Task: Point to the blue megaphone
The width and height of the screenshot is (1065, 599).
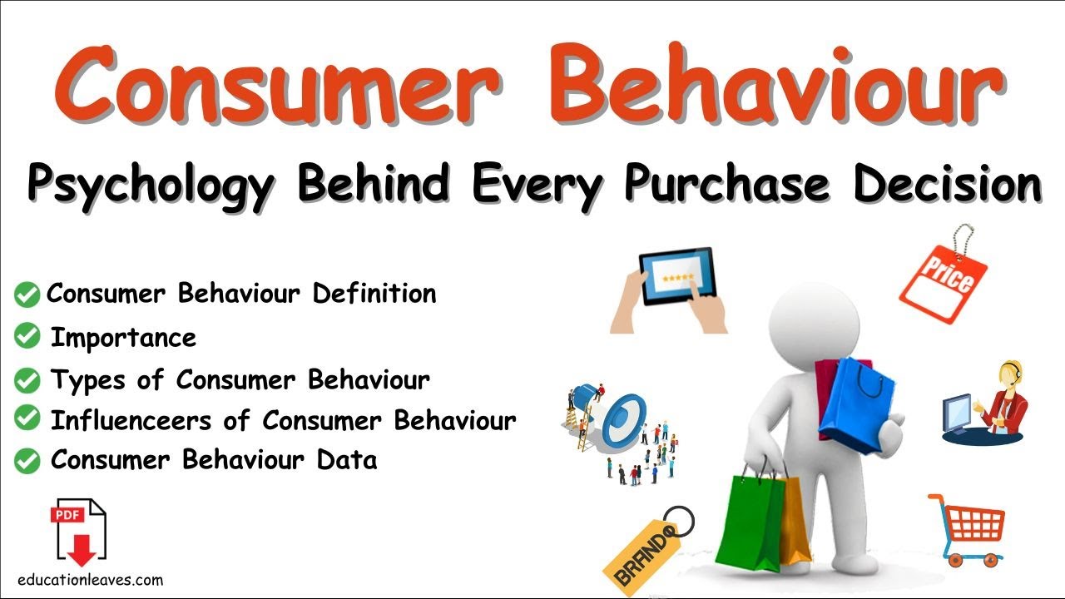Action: point(617,416)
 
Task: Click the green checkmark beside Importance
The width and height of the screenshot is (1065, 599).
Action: point(27,337)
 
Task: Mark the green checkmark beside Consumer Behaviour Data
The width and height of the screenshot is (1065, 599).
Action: point(27,460)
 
